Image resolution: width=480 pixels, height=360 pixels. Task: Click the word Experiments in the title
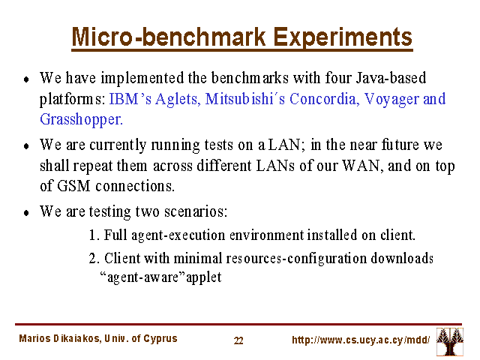click(342, 38)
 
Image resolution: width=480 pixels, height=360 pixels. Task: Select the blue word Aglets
click(178, 100)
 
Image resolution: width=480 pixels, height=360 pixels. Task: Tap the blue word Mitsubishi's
click(245, 99)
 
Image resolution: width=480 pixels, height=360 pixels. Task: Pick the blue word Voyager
click(391, 100)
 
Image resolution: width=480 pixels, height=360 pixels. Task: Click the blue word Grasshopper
click(82, 120)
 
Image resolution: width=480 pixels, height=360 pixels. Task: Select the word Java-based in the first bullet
click(391, 78)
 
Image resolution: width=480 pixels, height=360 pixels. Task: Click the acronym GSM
click(73, 186)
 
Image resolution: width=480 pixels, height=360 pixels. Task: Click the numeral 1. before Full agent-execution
click(94, 235)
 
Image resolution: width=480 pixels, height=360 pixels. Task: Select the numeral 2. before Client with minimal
click(94, 259)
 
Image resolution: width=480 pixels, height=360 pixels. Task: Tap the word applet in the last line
click(203, 277)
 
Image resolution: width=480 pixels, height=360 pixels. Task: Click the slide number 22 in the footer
click(238, 340)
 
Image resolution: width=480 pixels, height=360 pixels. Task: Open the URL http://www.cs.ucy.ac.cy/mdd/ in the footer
click(361, 340)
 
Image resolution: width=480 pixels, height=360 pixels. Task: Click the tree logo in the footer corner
click(450, 342)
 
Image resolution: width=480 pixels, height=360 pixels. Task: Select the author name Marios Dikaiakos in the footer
click(59, 338)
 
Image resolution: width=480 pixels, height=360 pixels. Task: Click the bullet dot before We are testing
click(26, 212)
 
